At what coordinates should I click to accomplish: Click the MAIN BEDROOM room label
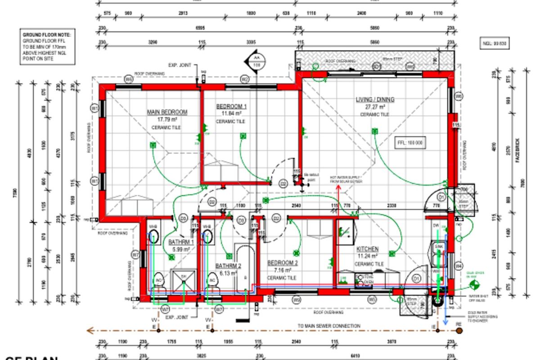click(x=167, y=112)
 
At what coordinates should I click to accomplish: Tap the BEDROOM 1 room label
click(x=231, y=106)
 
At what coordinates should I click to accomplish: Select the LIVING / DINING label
click(x=375, y=99)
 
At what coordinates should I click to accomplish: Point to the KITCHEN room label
click(x=368, y=249)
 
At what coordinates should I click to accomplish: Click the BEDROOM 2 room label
click(x=282, y=263)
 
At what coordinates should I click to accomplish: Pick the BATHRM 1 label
click(x=181, y=242)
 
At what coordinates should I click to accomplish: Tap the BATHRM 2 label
click(x=228, y=265)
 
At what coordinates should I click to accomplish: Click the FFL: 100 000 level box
click(x=409, y=143)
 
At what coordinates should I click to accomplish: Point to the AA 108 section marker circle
click(x=256, y=62)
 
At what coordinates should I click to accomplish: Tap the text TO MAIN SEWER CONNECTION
click(x=328, y=326)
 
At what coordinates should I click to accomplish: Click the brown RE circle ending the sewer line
click(x=459, y=331)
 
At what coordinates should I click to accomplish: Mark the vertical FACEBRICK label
click(x=518, y=150)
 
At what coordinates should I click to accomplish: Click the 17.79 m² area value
click(x=167, y=120)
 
